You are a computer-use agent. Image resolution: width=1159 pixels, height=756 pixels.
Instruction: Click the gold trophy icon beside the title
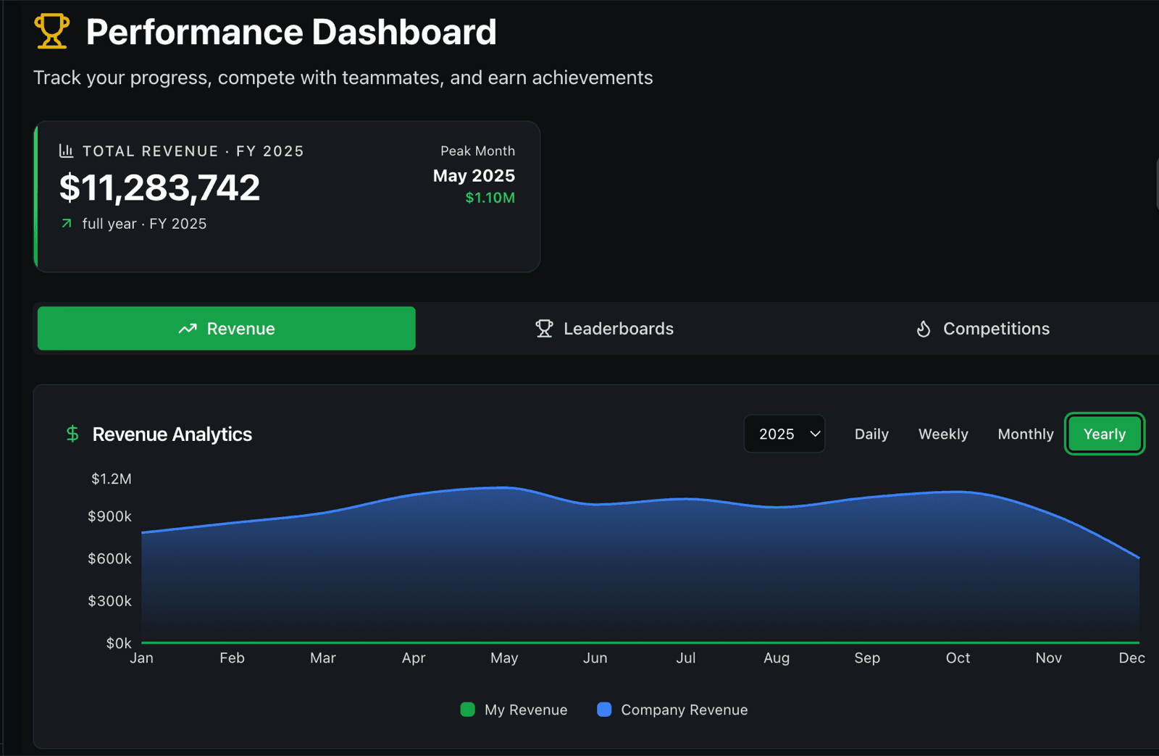pyautogui.click(x=51, y=31)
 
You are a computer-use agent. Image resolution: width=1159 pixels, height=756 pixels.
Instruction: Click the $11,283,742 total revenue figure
pyautogui.click(x=159, y=188)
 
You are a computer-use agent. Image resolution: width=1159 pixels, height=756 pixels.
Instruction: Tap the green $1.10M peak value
pyautogui.click(x=490, y=198)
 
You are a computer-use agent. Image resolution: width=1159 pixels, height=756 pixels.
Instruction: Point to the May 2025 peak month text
pyautogui.click(x=474, y=176)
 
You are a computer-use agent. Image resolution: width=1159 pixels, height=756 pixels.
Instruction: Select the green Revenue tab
pyautogui.click(x=227, y=328)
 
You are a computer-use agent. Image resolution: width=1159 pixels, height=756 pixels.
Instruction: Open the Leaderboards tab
pyautogui.click(x=604, y=328)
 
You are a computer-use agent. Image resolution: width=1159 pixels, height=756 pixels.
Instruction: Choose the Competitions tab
pyautogui.click(x=982, y=328)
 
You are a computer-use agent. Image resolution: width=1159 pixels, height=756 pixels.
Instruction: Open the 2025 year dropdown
pyautogui.click(x=784, y=434)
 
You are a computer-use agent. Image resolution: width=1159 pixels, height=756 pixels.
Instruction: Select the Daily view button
pyautogui.click(x=871, y=434)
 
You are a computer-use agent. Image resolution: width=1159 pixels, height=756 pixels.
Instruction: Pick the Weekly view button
pyautogui.click(x=943, y=434)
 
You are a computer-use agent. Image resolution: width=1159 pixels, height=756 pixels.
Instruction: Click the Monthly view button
pyautogui.click(x=1026, y=434)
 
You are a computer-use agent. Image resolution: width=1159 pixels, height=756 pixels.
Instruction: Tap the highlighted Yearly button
pyautogui.click(x=1105, y=434)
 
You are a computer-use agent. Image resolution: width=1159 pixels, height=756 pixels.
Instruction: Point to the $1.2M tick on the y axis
pyautogui.click(x=112, y=479)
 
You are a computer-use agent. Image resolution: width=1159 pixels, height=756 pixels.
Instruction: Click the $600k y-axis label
pyautogui.click(x=109, y=558)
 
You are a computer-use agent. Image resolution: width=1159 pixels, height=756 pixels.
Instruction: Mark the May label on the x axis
pyautogui.click(x=504, y=658)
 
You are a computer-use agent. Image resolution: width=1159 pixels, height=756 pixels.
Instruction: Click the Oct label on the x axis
pyautogui.click(x=958, y=658)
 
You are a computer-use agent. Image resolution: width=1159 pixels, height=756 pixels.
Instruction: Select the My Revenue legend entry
pyautogui.click(x=514, y=710)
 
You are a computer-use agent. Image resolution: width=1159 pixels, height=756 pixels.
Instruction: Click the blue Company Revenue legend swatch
pyautogui.click(x=604, y=710)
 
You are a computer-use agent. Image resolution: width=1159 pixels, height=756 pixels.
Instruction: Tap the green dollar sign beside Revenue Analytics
pyautogui.click(x=72, y=434)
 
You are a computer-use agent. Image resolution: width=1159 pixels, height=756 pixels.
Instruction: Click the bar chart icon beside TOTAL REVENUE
pyautogui.click(x=66, y=151)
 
